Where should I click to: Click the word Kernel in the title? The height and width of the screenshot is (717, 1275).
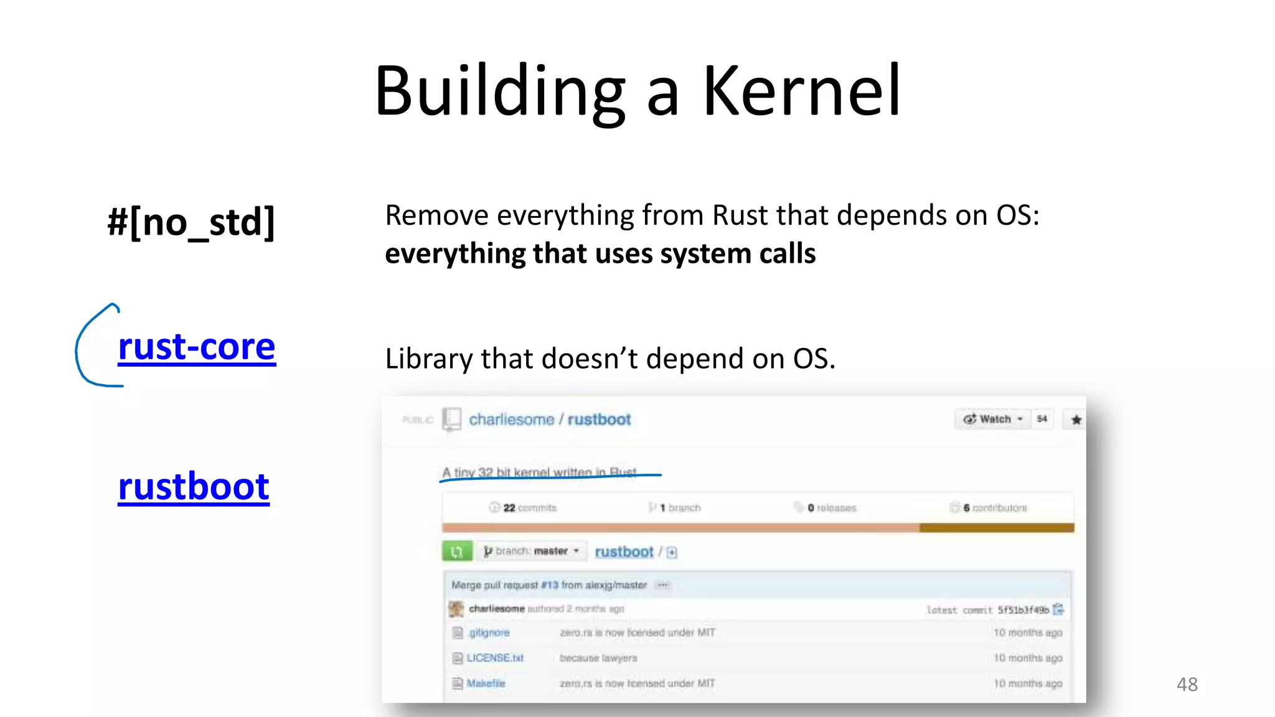pyautogui.click(x=802, y=91)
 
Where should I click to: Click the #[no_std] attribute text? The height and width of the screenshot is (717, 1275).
pyautogui.click(x=191, y=222)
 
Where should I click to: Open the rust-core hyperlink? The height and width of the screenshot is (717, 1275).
pyautogui.click(x=196, y=347)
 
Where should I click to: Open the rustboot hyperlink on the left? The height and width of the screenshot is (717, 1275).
pyautogui.click(x=194, y=487)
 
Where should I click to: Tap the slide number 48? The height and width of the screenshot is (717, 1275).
pyautogui.click(x=1187, y=685)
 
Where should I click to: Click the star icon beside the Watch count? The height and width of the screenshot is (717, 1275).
pyautogui.click(x=1076, y=420)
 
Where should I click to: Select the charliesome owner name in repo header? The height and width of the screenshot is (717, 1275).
pyautogui.click(x=511, y=420)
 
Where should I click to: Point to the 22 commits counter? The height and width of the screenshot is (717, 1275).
pyautogui.click(x=523, y=508)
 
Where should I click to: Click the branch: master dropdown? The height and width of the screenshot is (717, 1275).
pyautogui.click(x=532, y=551)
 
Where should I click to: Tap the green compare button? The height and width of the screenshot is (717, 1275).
pyautogui.click(x=457, y=551)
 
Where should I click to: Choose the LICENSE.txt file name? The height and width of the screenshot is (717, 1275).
pyautogui.click(x=495, y=658)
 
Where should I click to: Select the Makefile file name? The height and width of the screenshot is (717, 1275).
pyautogui.click(x=486, y=683)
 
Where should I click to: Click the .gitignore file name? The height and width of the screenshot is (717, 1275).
pyautogui.click(x=489, y=632)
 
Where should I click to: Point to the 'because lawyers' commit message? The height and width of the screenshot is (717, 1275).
pyautogui.click(x=598, y=658)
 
